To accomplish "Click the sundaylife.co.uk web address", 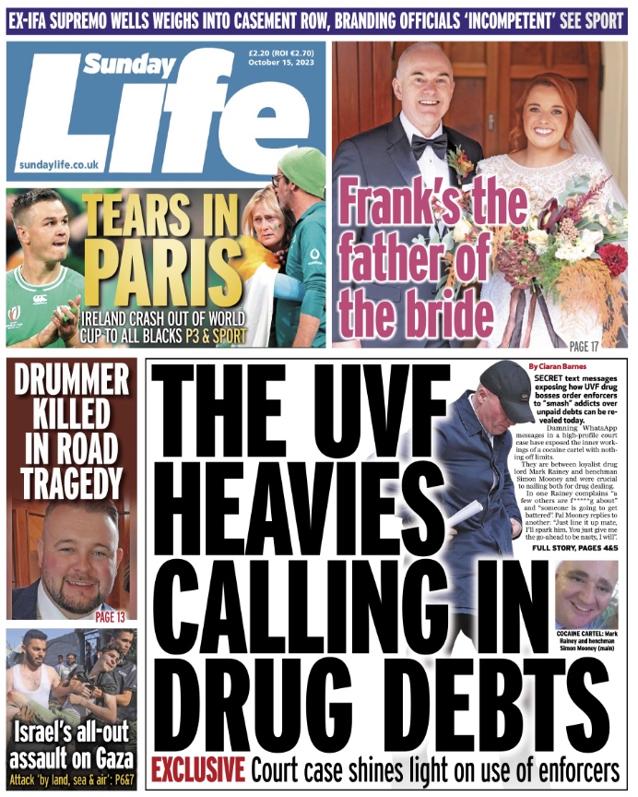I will click(58, 164).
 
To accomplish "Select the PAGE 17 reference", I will click(584, 347).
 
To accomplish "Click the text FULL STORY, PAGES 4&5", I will click(575, 548).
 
